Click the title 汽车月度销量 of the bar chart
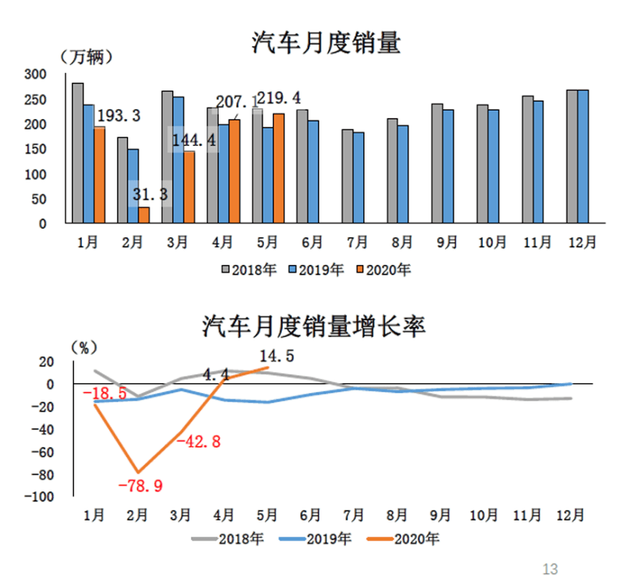[326, 42]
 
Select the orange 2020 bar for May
[278, 168]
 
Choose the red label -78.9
[141, 485]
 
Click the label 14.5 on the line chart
[276, 355]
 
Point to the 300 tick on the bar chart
[58, 74]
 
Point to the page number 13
[550, 569]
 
